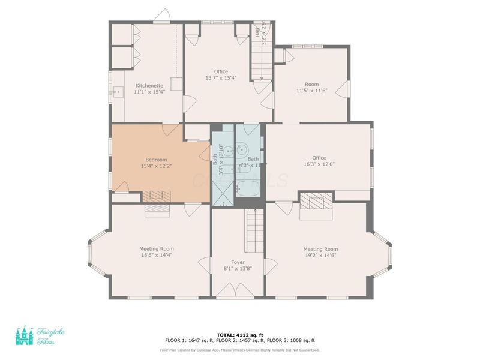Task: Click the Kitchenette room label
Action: tap(149, 85)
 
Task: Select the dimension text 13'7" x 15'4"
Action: tap(221, 78)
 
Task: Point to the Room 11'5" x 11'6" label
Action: tap(311, 85)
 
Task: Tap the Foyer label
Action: tap(237, 262)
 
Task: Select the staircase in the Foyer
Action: tap(254, 230)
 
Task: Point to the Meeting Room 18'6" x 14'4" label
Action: tap(157, 249)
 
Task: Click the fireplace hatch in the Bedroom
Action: tap(157, 196)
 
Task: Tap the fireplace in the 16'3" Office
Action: tap(316, 200)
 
